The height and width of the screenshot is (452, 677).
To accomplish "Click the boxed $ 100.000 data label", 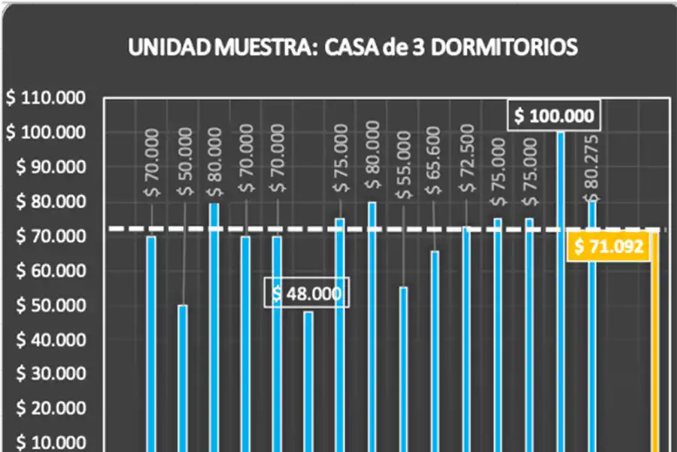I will (554, 116).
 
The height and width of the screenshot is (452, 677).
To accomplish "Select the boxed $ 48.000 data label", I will (306, 293).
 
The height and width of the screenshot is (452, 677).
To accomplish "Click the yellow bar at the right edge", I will (654, 347).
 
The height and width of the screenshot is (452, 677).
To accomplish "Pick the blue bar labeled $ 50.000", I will (183, 377).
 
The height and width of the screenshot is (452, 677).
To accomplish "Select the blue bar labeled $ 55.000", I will (404, 369).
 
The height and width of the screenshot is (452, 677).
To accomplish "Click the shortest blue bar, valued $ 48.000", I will (308, 380).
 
